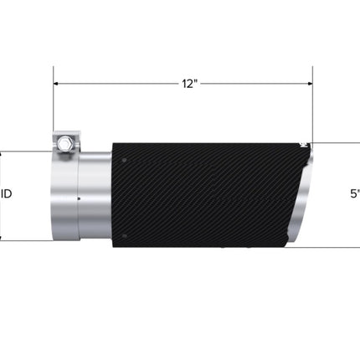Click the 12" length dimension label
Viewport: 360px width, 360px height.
[x=190, y=84]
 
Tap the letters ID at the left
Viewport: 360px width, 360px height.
[x=7, y=193]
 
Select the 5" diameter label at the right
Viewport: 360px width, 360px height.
[x=355, y=193]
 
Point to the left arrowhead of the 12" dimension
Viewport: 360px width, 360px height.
[x=55, y=84]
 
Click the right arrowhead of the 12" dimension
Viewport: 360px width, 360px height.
[x=310, y=84]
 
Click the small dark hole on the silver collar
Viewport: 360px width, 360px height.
[x=79, y=198]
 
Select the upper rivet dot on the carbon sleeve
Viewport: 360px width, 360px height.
[x=124, y=160]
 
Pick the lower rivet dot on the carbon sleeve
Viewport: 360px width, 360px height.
[x=124, y=236]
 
